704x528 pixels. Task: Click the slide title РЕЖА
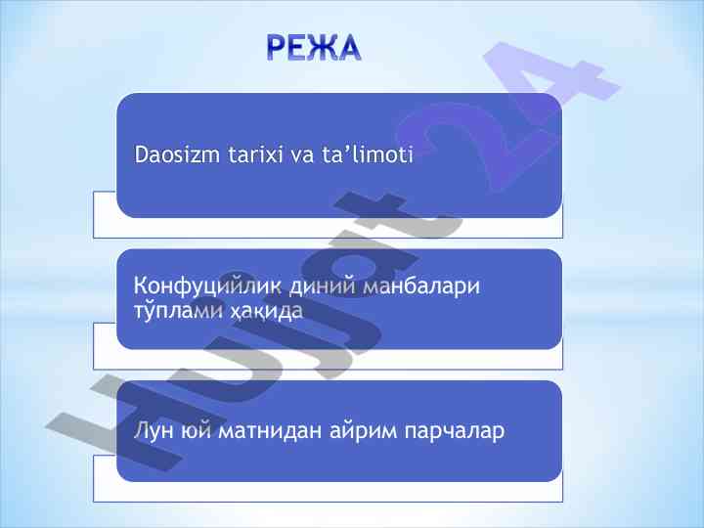click(x=314, y=48)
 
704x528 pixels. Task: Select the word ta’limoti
click(x=367, y=154)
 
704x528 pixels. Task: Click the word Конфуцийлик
click(x=207, y=286)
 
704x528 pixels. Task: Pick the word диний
click(x=323, y=286)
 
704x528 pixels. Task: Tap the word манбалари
click(x=421, y=286)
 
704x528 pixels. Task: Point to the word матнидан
click(x=270, y=431)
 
